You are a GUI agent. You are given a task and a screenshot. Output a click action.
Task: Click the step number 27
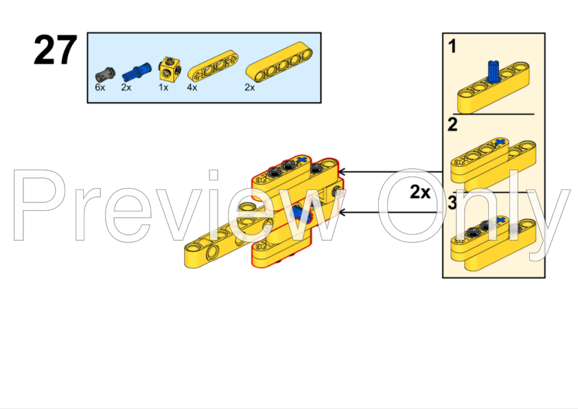[x=56, y=50]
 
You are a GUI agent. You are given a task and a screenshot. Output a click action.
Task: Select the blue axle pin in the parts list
[x=137, y=71]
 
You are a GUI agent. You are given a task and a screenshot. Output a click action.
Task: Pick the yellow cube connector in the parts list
[x=170, y=69]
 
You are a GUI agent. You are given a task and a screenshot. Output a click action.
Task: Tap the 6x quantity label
[x=100, y=87]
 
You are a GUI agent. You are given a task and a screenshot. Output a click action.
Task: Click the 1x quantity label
[x=163, y=87]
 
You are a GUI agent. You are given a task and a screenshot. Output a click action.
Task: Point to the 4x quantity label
[x=192, y=87]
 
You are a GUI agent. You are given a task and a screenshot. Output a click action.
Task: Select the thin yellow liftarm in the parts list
[x=213, y=66]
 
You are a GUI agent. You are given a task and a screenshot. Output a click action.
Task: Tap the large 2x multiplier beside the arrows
[x=420, y=192]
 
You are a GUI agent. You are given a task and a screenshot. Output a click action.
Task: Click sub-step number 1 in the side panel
[x=452, y=47]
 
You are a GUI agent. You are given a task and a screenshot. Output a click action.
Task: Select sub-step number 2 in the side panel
[x=452, y=124]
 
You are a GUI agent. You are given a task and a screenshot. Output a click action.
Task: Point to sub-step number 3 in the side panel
[x=452, y=203]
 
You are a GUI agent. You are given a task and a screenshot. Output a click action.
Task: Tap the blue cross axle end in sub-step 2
[x=500, y=143]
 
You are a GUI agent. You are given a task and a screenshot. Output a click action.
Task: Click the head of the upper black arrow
[x=342, y=172]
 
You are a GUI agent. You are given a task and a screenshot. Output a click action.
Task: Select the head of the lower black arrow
[x=342, y=213]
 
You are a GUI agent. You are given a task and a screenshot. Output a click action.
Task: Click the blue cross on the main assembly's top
[x=302, y=159]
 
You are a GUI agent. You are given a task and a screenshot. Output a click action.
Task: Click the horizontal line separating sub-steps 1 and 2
[x=493, y=114]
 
